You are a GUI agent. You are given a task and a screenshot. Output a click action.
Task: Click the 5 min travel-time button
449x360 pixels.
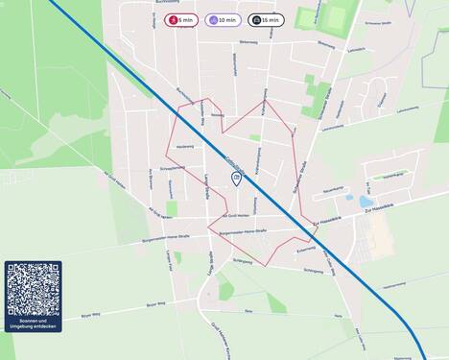tap(181, 19)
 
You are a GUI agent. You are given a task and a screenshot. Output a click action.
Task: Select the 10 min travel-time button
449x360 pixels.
tap(223, 19)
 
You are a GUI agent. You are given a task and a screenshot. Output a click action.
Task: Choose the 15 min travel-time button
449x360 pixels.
tap(266, 19)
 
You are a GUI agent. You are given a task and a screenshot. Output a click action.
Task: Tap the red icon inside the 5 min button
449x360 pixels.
tap(173, 19)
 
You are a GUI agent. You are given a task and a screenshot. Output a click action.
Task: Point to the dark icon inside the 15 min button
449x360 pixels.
tap(255, 19)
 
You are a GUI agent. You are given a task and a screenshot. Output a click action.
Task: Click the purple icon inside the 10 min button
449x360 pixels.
tap(213, 19)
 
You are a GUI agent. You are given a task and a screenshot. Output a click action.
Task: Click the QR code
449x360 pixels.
tap(33, 289)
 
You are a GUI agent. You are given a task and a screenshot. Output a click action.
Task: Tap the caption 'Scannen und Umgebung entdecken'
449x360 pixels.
tap(33, 324)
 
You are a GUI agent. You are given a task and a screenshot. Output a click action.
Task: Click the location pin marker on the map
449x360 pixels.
tap(237, 180)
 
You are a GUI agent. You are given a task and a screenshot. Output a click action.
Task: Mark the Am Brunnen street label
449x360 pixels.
tap(151, 180)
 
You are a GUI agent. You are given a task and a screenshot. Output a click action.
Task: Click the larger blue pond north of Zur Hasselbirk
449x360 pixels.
tap(366, 203)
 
